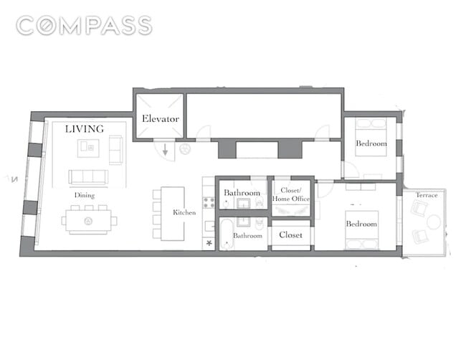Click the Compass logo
[x=84, y=26]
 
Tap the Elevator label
[x=161, y=118]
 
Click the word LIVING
[x=85, y=128]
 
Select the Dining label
[x=85, y=195]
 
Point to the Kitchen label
[x=184, y=212]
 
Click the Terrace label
[x=427, y=195]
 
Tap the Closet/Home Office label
[x=291, y=195]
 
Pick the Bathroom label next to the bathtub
[x=247, y=236]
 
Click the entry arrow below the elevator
[x=165, y=150]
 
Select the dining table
[x=89, y=221]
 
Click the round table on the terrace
[x=434, y=222]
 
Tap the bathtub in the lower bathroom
[x=227, y=235]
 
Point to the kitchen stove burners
[x=209, y=203]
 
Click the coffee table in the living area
[x=88, y=148]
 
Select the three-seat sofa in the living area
[x=88, y=177]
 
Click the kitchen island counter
[x=173, y=214]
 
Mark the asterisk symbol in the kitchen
[x=209, y=243]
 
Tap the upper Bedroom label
[x=371, y=143]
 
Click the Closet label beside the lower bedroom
[x=290, y=235]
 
